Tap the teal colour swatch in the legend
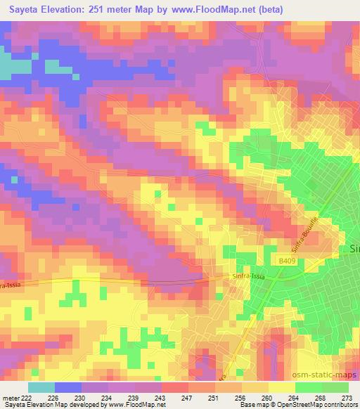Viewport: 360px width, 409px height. tap(41, 387)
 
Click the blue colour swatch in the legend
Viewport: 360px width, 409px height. tap(67, 387)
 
